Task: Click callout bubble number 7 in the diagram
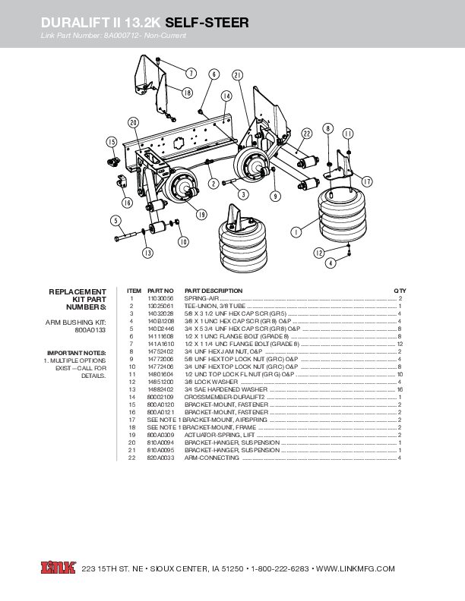pyautogui.click(x=191, y=73)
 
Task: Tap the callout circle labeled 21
pyautogui.click(x=238, y=74)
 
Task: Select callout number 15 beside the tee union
pyautogui.click(x=111, y=142)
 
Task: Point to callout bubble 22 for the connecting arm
pyautogui.click(x=307, y=133)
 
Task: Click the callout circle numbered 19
pyautogui.click(x=202, y=215)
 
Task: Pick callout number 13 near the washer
pyautogui.click(x=147, y=252)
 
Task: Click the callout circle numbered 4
pyautogui.click(x=331, y=263)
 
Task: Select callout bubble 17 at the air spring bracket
pyautogui.click(x=366, y=181)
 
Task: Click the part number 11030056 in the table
pyautogui.click(x=160, y=299)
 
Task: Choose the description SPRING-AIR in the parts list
pyautogui.click(x=201, y=299)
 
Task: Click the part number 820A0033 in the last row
pyautogui.click(x=160, y=458)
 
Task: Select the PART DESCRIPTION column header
pyautogui.click(x=214, y=291)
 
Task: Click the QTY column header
pyautogui.click(x=400, y=291)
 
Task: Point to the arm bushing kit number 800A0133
pyautogui.click(x=90, y=331)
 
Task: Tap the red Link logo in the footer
pyautogui.click(x=57, y=568)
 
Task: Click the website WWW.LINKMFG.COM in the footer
pyautogui.click(x=354, y=568)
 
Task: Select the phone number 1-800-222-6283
pyautogui.click(x=280, y=568)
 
